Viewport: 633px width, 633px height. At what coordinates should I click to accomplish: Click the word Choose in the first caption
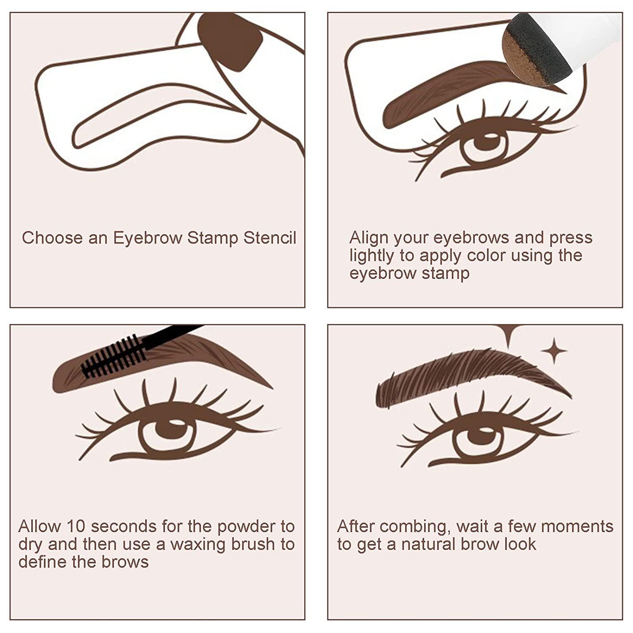[52, 238]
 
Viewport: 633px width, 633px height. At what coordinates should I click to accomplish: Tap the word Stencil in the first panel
[270, 238]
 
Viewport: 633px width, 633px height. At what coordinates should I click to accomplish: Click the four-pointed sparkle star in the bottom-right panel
[554, 351]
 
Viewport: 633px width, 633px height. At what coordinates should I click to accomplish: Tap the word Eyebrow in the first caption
[148, 238]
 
